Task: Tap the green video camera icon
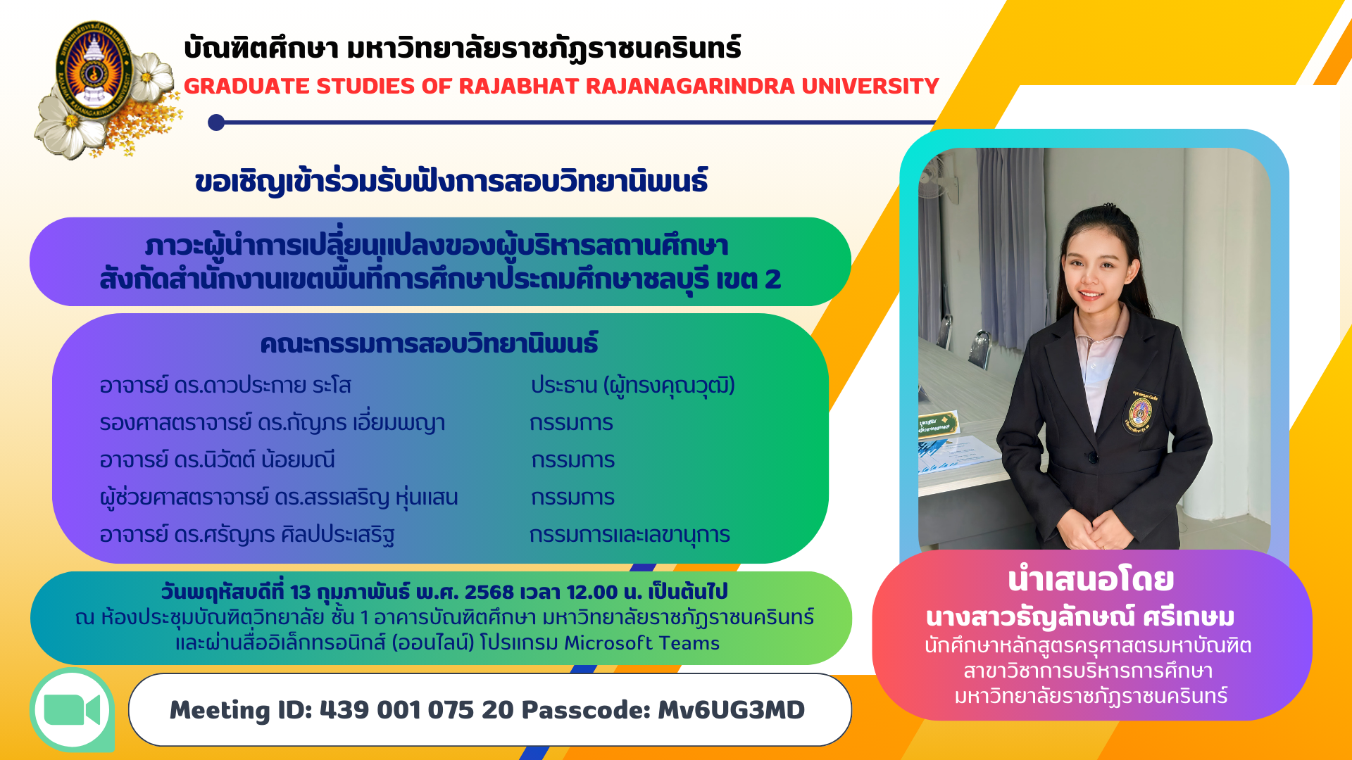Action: click(x=73, y=709)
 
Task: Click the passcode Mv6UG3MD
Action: click(x=731, y=710)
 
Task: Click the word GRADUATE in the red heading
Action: click(x=246, y=86)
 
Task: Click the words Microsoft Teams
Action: click(x=641, y=643)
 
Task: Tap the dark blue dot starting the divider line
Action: click(x=216, y=122)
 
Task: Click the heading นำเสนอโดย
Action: click(x=1091, y=579)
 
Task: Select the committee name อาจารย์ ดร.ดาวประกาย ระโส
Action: click(x=225, y=386)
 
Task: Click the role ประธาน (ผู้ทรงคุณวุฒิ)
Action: click(x=633, y=386)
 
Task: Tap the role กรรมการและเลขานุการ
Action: click(x=630, y=535)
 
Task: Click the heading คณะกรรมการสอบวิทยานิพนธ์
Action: click(x=429, y=344)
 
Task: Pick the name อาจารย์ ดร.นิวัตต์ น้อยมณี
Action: click(x=218, y=460)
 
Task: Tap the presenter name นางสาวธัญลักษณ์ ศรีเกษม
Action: click(x=1081, y=617)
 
